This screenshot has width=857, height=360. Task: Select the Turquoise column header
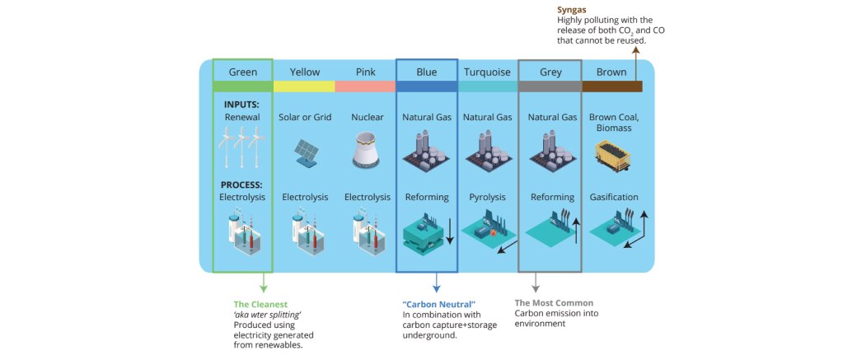487,72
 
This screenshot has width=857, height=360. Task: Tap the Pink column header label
365,72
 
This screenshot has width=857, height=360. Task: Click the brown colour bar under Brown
612,86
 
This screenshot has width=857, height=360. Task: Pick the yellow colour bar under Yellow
304,86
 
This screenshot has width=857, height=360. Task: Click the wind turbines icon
241,149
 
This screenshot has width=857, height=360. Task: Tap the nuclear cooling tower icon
365,151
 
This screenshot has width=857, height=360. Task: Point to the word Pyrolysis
487,198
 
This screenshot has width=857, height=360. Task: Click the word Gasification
613,198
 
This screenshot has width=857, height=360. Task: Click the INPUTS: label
241,105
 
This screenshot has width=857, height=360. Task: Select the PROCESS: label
241,185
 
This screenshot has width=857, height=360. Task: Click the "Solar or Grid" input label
305,118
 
